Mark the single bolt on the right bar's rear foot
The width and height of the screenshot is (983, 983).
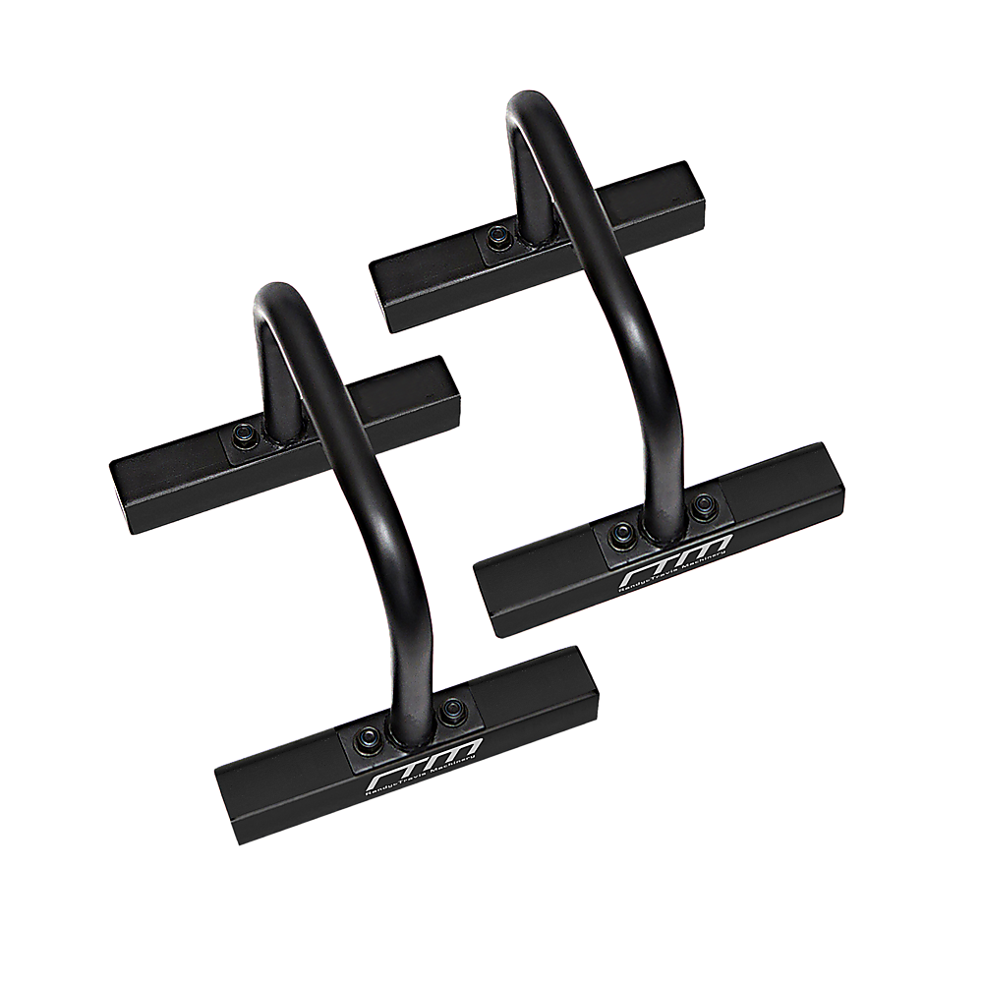pos(498,237)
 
